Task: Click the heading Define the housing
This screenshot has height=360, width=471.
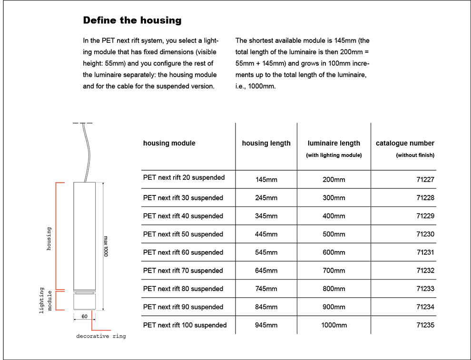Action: coord(132,20)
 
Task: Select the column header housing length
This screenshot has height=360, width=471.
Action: coord(266,143)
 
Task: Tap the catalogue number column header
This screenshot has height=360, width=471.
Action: coord(405,143)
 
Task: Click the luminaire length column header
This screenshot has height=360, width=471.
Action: coord(334,143)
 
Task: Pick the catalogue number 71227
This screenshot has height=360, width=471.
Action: coord(425,180)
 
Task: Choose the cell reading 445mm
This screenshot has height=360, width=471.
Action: coord(266,234)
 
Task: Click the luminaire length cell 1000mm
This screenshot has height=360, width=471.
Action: coord(334,325)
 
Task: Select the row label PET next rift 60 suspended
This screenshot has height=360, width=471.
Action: coord(183,253)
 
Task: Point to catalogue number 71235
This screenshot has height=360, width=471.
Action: coord(425,325)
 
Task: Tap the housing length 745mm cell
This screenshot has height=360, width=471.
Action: coord(266,289)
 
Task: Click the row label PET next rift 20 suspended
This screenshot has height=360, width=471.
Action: coord(184,177)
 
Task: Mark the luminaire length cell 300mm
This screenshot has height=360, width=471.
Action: coord(334,198)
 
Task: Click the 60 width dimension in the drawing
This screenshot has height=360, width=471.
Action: coord(84,316)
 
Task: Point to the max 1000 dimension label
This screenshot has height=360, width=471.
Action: coord(106,246)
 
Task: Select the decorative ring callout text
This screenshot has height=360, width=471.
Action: coord(101,336)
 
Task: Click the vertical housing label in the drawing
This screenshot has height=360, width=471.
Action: coord(49,239)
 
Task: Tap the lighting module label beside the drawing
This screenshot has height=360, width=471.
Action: coord(46,301)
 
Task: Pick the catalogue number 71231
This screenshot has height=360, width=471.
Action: coord(425,253)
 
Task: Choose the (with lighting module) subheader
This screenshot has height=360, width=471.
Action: coord(334,155)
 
